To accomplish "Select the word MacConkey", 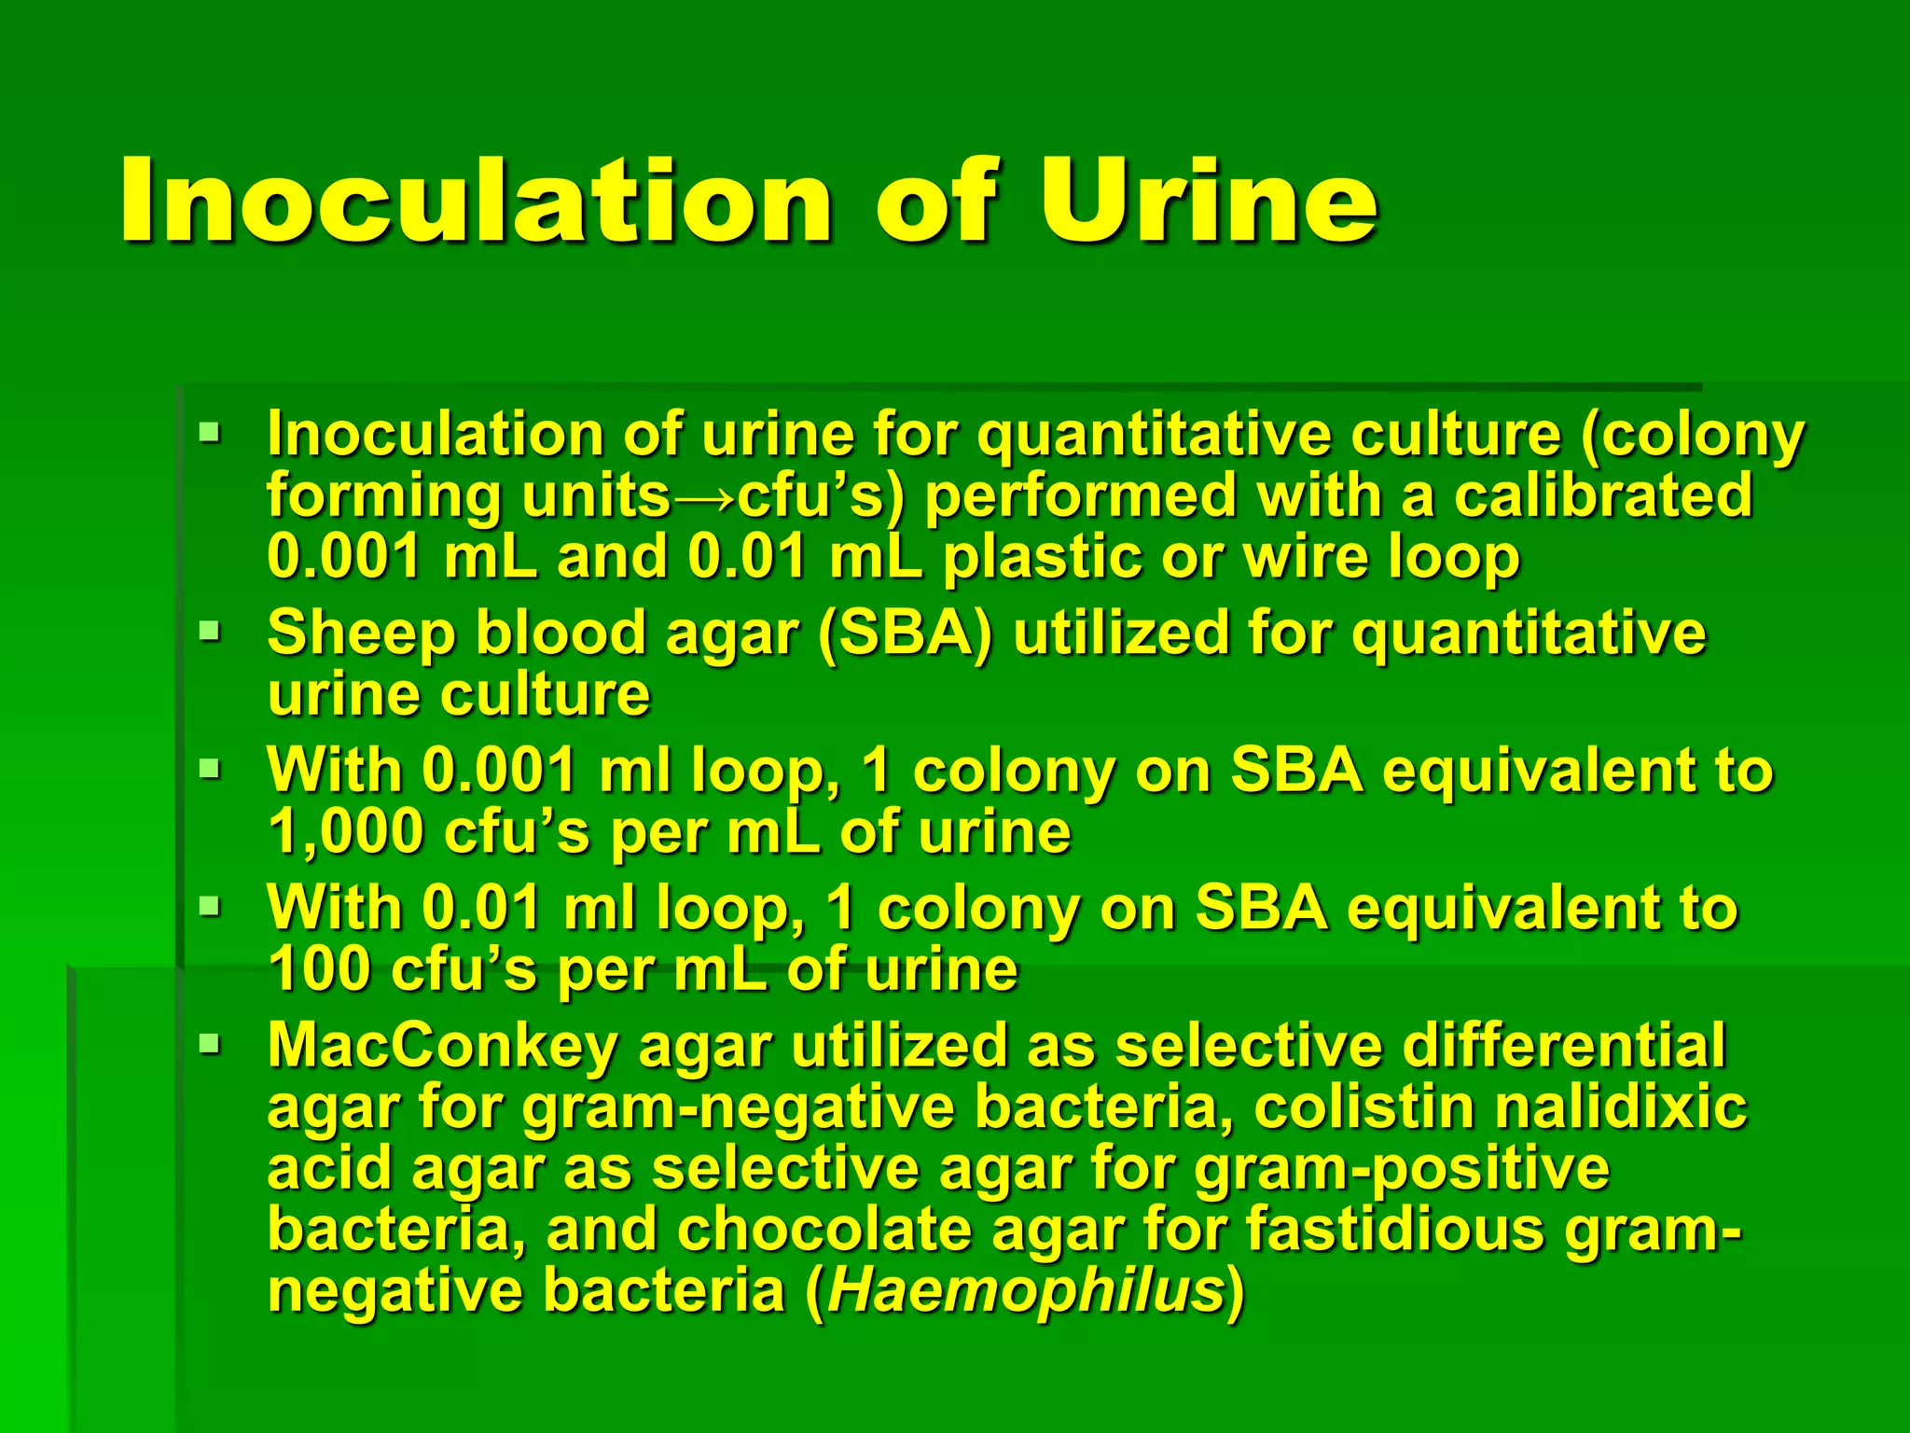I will [x=441, y=1046].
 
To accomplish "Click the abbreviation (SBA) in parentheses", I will [x=904, y=634].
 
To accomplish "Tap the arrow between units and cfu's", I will [x=703, y=496].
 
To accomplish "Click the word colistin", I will [x=1363, y=1107].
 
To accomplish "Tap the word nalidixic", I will [x=1621, y=1107].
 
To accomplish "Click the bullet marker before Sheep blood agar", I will [x=210, y=631].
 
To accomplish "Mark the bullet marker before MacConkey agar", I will [x=210, y=1042].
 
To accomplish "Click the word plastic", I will [x=1042, y=557].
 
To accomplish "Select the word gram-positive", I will [x=1402, y=1169].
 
